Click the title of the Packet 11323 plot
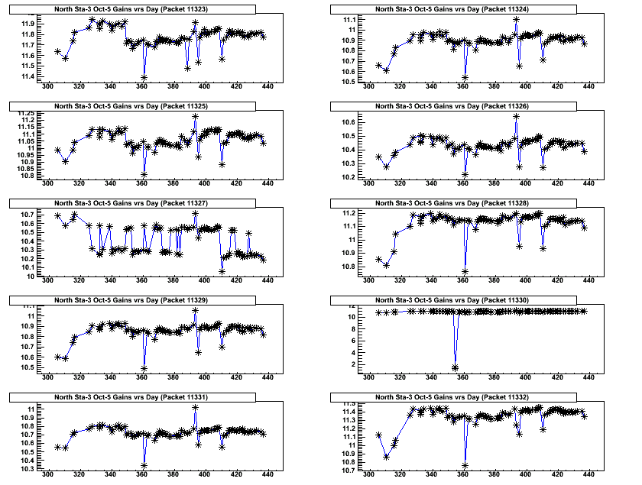(142, 9)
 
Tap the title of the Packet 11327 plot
(142, 203)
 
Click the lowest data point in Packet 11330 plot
(456, 368)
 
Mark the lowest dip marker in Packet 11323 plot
(144, 77)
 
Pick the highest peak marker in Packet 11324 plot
(517, 19)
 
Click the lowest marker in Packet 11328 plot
(465, 272)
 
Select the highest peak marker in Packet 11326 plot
(517, 117)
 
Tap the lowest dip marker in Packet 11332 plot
(465, 466)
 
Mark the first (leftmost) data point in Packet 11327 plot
(58, 216)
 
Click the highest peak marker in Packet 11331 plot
(195, 408)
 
